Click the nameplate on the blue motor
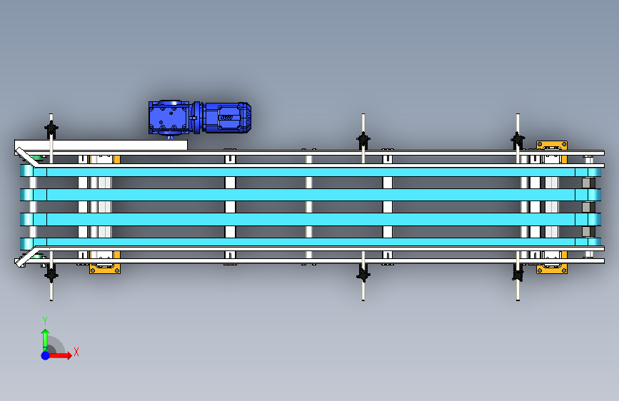point(227,118)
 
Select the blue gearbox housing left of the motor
point(169,118)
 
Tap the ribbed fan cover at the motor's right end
point(245,117)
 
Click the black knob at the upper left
point(51,130)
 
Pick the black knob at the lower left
point(51,272)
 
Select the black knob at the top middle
point(363,140)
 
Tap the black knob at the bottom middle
point(363,274)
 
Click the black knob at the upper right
point(518,140)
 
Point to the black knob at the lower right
point(518,273)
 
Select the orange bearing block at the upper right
point(551,146)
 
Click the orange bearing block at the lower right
point(551,268)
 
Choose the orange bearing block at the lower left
point(104,268)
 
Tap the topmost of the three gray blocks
point(588,183)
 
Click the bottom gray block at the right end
point(588,231)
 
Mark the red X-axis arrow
point(62,355)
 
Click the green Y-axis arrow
point(45,338)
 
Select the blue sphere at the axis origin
point(45,355)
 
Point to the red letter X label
point(76,352)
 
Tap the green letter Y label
point(45,320)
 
